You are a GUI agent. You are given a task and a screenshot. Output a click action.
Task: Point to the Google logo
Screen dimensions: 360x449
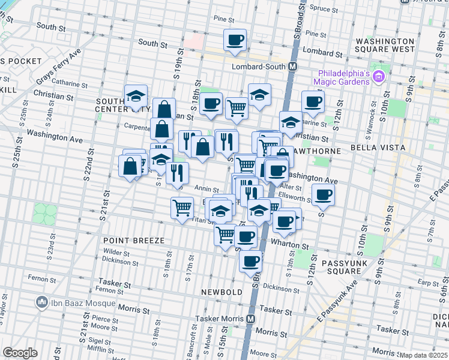[20, 353]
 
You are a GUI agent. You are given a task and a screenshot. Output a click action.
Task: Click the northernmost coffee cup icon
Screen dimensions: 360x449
[235, 40]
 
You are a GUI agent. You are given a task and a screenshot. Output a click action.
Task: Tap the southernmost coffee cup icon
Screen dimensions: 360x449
[250, 260]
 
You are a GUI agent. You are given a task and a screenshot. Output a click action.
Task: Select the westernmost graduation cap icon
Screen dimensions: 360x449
[136, 96]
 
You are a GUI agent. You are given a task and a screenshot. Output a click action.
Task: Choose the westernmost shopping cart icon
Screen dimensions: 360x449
[182, 208]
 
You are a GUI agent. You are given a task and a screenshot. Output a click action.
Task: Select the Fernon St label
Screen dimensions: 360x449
[41, 279]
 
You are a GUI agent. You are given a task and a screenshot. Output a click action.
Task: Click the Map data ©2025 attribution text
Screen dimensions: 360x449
[423, 355]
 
